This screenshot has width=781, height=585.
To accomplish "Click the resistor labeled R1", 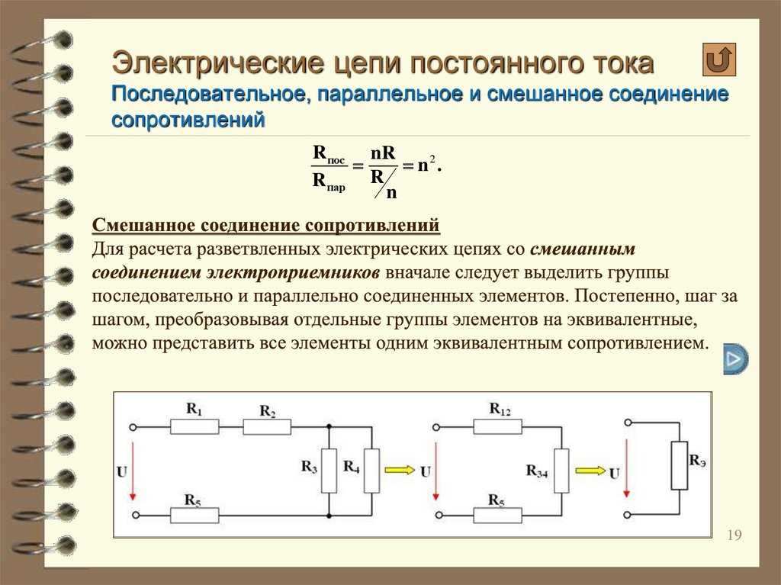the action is (x=194, y=427).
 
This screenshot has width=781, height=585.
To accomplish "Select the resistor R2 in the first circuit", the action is (x=267, y=427).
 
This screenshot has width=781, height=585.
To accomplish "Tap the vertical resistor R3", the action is (x=329, y=471).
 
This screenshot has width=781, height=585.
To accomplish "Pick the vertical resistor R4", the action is (x=371, y=471).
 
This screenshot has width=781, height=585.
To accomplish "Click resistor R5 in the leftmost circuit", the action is (x=194, y=516).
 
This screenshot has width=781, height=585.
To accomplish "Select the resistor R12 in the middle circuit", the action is (x=497, y=427).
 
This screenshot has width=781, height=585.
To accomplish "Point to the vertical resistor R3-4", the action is (x=561, y=471).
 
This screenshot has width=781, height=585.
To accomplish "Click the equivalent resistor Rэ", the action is (x=680, y=465).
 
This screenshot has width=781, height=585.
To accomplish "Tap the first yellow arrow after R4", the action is (x=400, y=470).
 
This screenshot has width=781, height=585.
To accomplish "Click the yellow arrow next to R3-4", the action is (x=591, y=470).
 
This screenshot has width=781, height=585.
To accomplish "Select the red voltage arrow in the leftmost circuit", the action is (x=133, y=471).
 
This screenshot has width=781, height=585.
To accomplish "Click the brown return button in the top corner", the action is (x=718, y=59).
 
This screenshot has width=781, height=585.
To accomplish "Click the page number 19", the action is (x=734, y=535).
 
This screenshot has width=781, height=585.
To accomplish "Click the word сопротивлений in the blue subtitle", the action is (x=188, y=120).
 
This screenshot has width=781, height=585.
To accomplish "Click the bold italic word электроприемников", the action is (x=293, y=272).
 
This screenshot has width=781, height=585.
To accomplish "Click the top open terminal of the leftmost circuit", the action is (x=133, y=427).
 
